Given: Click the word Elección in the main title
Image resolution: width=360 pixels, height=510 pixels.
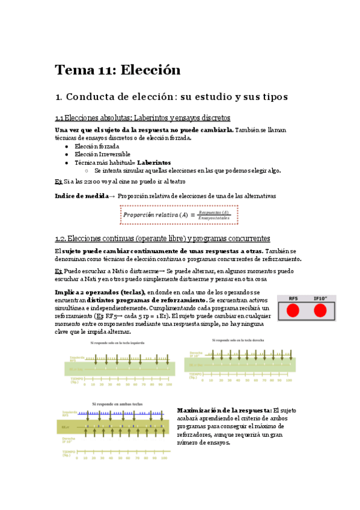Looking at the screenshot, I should point(150,70).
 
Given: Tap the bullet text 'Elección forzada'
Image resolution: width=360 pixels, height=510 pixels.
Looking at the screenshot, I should point(97,146).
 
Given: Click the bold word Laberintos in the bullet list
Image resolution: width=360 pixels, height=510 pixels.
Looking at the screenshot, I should point(154,162).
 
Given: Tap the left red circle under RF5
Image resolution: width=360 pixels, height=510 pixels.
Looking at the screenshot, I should point(293,310).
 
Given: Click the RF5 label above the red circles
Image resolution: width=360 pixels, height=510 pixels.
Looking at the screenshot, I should point(293,298).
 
